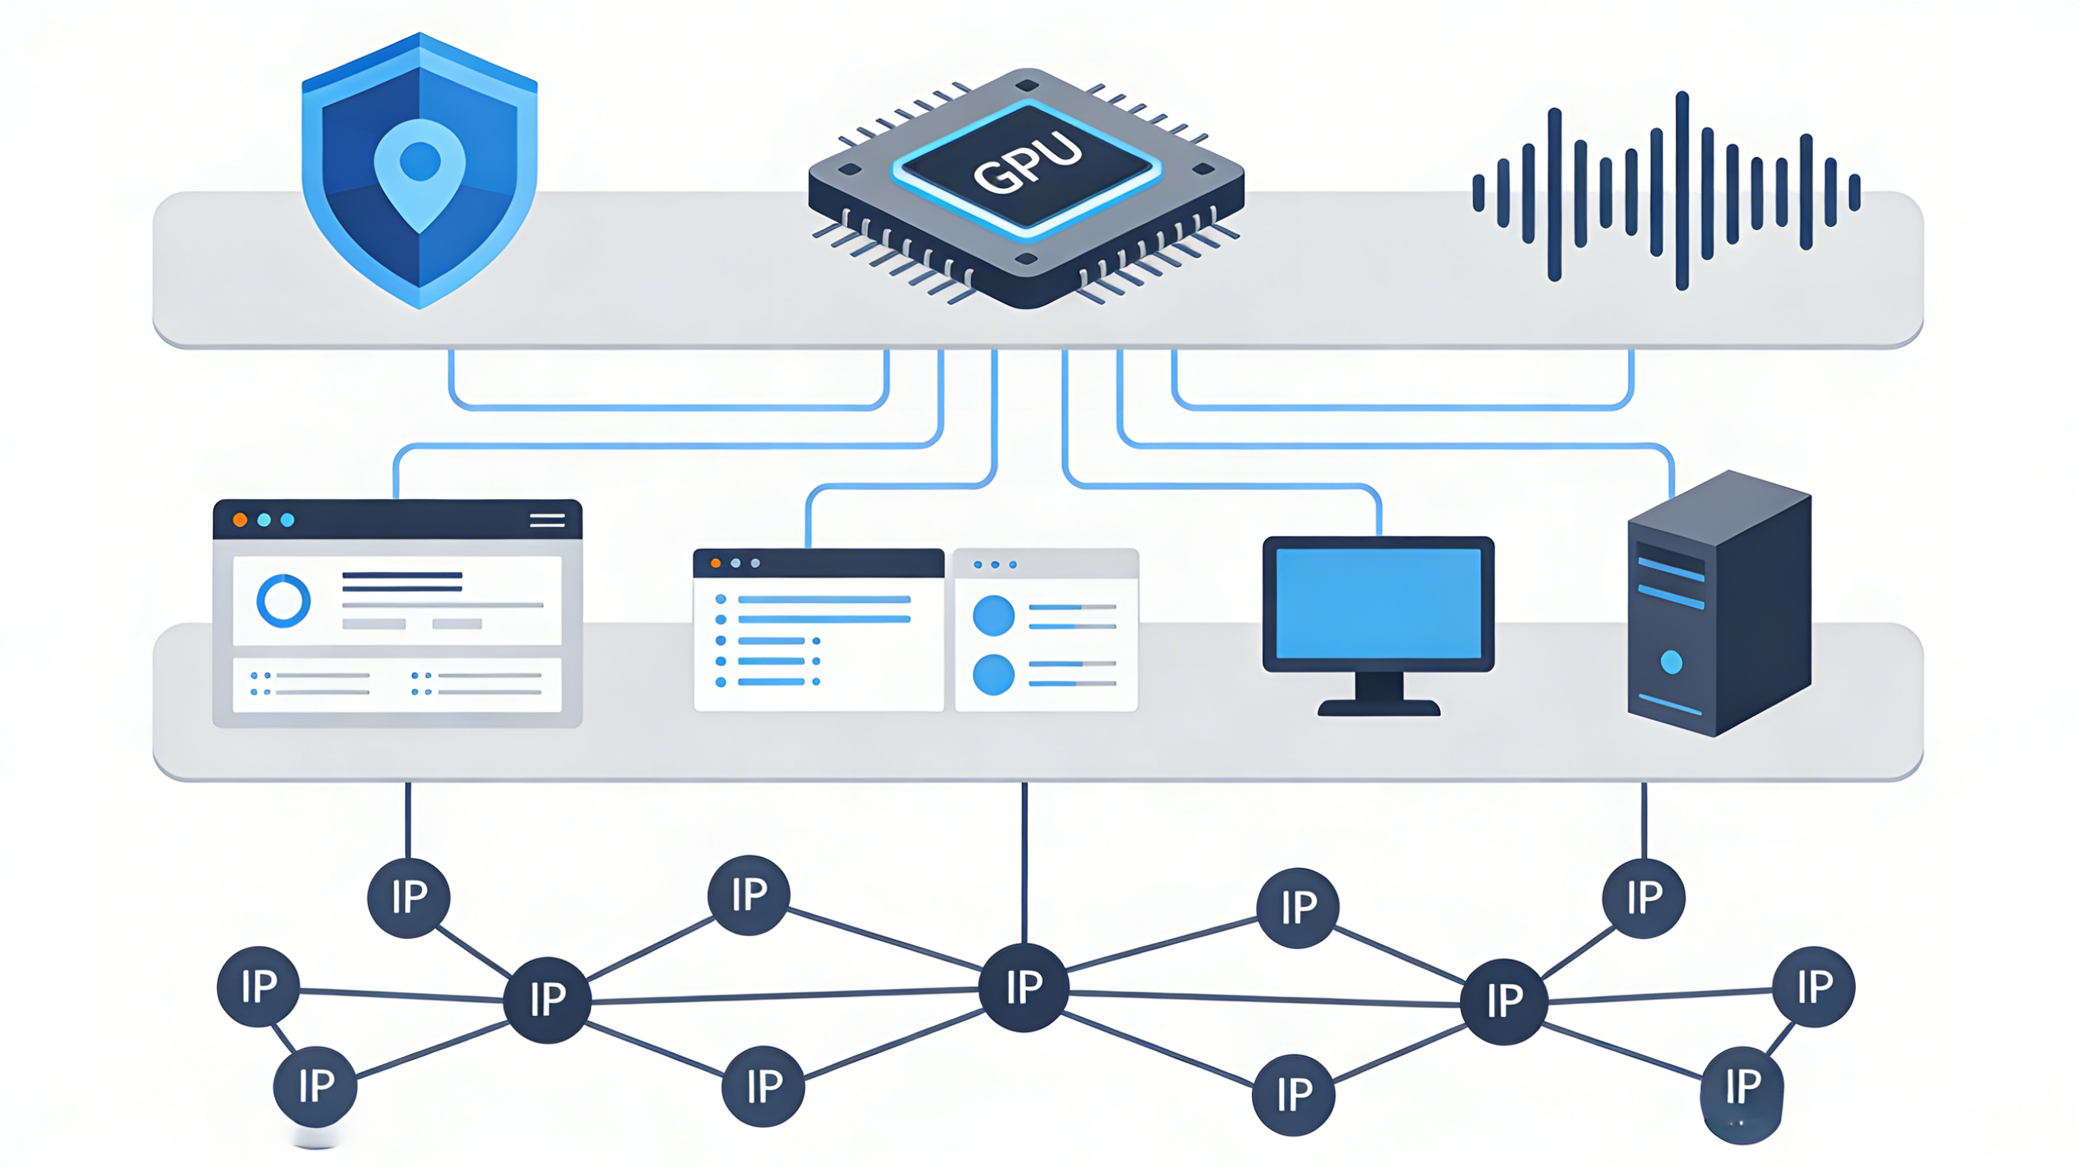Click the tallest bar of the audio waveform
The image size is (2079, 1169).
pos(1682,190)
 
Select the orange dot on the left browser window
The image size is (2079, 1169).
pos(240,520)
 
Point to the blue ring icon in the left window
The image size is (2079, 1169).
pos(283,601)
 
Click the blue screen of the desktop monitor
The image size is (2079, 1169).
pos(1378,602)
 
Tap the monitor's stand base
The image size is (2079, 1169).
pos(1378,708)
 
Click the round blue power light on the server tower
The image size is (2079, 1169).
pos(1672,662)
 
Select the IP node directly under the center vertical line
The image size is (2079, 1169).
pos(1024,986)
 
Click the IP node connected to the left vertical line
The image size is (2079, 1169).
pos(408,896)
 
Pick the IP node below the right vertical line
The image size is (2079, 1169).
pos(1644,897)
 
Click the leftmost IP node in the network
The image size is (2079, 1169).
pos(258,986)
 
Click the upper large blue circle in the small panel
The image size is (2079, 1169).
pos(994,616)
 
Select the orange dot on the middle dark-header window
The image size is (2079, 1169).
pos(715,563)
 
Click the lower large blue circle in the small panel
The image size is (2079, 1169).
pos(994,674)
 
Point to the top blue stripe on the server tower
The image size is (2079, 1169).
pos(1671,569)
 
